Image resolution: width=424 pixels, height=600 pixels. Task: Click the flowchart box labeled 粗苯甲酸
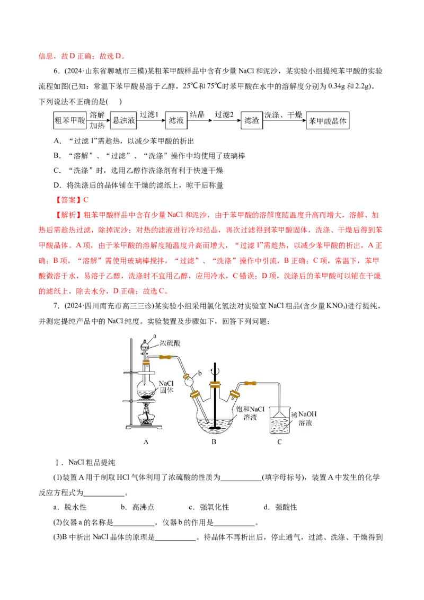coord(69,120)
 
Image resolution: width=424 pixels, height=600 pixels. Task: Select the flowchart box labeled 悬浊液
coord(123,120)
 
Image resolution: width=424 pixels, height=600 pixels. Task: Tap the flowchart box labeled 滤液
coord(176,120)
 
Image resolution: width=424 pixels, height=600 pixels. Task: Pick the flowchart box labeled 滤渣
coord(251,120)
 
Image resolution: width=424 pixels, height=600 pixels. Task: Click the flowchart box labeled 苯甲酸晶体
coord(328,120)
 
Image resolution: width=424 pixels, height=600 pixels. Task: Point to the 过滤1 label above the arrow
coord(149,114)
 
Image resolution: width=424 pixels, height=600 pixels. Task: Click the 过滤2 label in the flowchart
coord(224,114)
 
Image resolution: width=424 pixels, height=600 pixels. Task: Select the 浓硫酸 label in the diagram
coord(170,343)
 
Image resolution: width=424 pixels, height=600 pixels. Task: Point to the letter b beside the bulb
coord(200,373)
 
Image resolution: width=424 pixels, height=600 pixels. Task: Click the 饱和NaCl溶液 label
coord(250,413)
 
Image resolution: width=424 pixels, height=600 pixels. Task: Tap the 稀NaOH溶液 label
coord(305,418)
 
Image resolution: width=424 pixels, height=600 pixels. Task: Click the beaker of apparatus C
coord(280,420)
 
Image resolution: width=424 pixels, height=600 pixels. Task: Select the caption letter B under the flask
coord(214,442)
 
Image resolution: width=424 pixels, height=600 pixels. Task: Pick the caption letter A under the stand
coord(146,442)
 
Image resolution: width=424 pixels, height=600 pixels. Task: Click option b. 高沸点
coord(137,507)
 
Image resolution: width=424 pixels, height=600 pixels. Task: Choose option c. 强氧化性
coord(209,507)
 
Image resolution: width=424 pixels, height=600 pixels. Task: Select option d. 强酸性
coord(280,507)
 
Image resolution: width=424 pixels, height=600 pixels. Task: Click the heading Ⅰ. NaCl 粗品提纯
coord(85,462)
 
